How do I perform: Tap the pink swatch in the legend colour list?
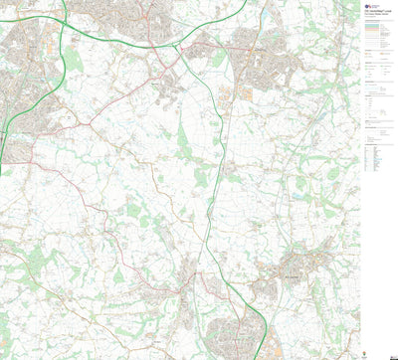click(369, 32)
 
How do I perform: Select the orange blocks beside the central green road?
click(223, 94)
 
